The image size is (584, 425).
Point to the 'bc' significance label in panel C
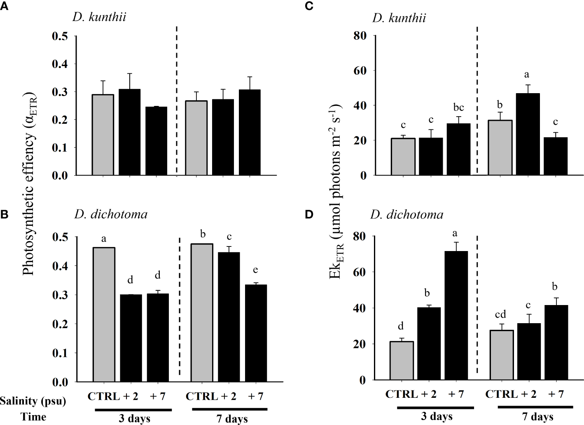[x=458, y=108]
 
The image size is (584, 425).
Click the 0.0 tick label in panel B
[x=61, y=382]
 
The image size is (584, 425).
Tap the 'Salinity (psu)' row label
[x=33, y=400]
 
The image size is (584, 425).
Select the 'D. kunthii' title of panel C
[x=399, y=18]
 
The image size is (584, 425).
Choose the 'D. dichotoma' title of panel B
[x=110, y=214]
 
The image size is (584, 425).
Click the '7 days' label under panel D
[x=537, y=416]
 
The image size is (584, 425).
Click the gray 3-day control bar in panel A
[x=103, y=135]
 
